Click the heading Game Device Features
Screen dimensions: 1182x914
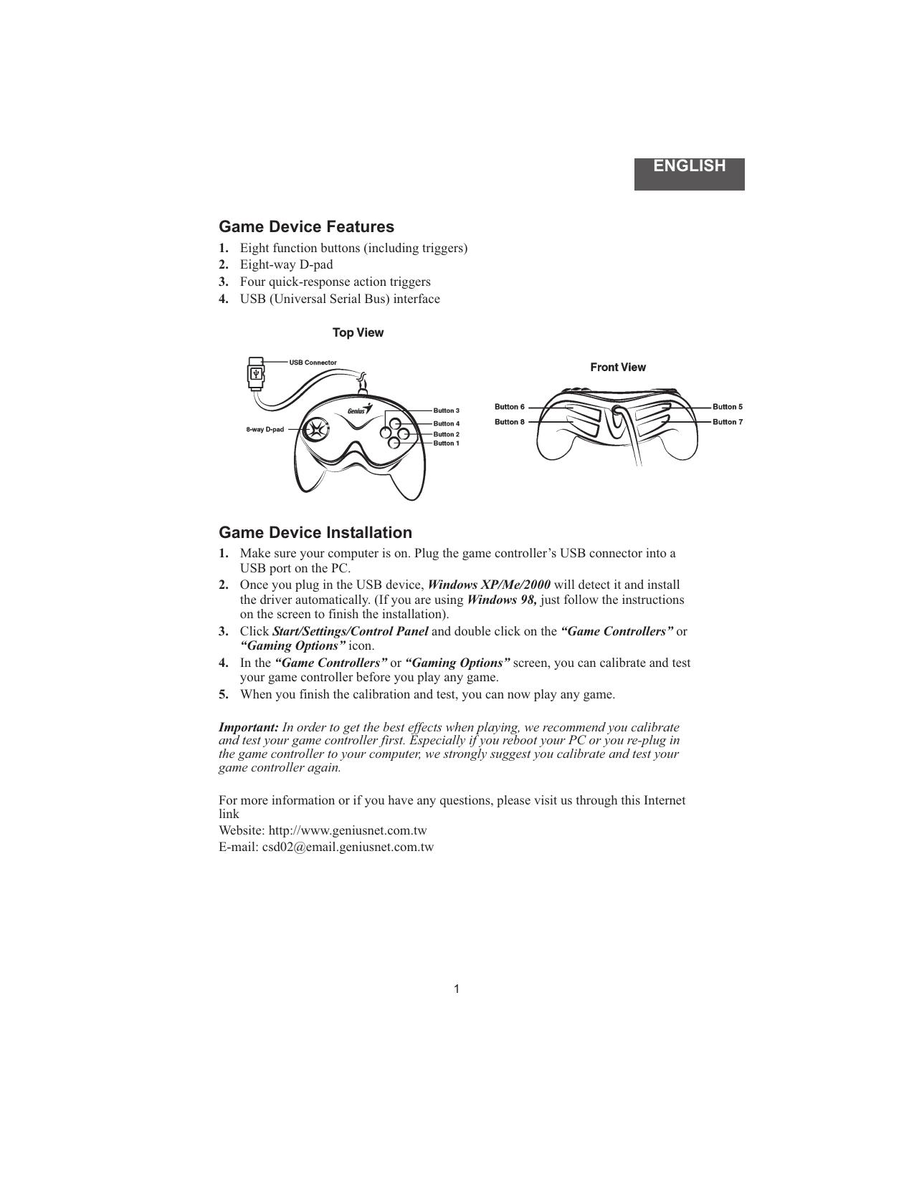pyautogui.click(x=306, y=226)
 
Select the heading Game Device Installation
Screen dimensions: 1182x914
pyautogui.click(x=315, y=532)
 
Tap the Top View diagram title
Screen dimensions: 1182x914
pyautogui.click(x=358, y=332)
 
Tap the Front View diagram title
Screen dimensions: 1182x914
pyautogui.click(x=617, y=367)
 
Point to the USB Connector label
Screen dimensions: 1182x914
pyautogui.click(x=313, y=362)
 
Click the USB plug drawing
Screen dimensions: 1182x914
pyautogui.click(x=255, y=374)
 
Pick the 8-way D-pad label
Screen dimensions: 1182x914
pyautogui.click(x=265, y=430)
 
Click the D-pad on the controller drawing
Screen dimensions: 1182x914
pyautogui.click(x=315, y=430)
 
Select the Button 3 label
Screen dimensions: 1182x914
pyautogui.click(x=446, y=410)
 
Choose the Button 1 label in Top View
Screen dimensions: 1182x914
pyautogui.click(x=446, y=443)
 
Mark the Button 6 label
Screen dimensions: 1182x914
pyautogui.click(x=510, y=407)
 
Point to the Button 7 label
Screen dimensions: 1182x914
pyautogui.click(x=728, y=422)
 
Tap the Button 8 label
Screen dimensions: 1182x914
pyautogui.click(x=510, y=422)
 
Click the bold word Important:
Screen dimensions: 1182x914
pyautogui.click(x=249, y=727)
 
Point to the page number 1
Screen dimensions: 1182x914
pyautogui.click(x=457, y=989)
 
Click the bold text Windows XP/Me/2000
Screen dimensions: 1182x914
pyautogui.click(x=489, y=585)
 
